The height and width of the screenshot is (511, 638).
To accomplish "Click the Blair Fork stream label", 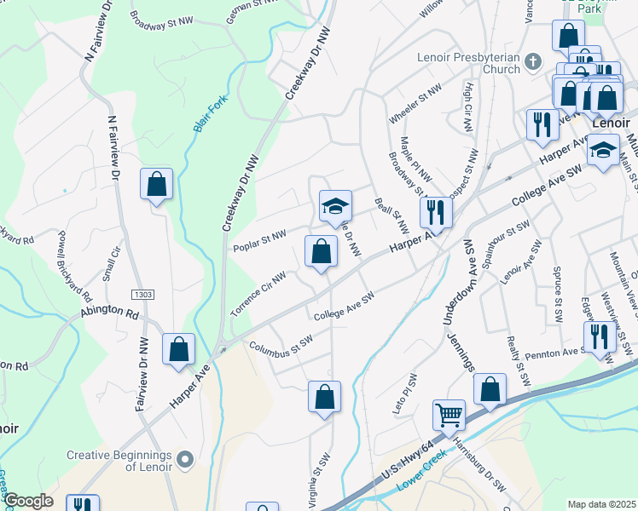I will [x=209, y=113].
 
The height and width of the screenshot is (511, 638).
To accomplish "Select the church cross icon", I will [x=533, y=60].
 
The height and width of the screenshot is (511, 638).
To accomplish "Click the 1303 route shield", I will [x=142, y=294].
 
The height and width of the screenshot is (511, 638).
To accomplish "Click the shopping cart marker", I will [x=449, y=416].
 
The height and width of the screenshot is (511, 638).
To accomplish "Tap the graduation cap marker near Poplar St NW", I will [x=335, y=206].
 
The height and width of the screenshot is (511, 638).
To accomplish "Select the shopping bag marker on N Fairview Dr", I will [x=157, y=184].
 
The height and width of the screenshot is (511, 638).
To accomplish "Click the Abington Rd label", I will [x=109, y=313].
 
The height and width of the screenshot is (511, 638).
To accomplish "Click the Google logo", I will [x=28, y=502].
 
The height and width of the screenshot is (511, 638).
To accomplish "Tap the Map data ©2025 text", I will [x=601, y=504].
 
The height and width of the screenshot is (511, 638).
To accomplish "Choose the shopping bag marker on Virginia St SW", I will [x=324, y=397].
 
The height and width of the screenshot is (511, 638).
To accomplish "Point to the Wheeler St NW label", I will [x=415, y=101].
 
